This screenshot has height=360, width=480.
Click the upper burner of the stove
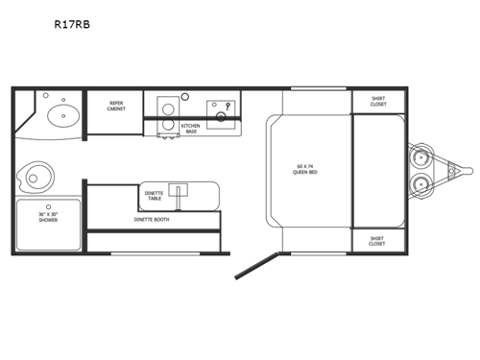[166, 106]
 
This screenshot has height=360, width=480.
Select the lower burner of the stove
[166, 124]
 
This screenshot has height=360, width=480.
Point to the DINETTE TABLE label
[154, 195]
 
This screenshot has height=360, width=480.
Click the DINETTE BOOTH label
[151, 219]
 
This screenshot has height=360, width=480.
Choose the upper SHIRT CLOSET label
[378, 102]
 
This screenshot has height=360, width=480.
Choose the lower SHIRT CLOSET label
[378, 241]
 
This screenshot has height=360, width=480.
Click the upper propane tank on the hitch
[420, 156]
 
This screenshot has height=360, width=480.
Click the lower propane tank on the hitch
[420, 185]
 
